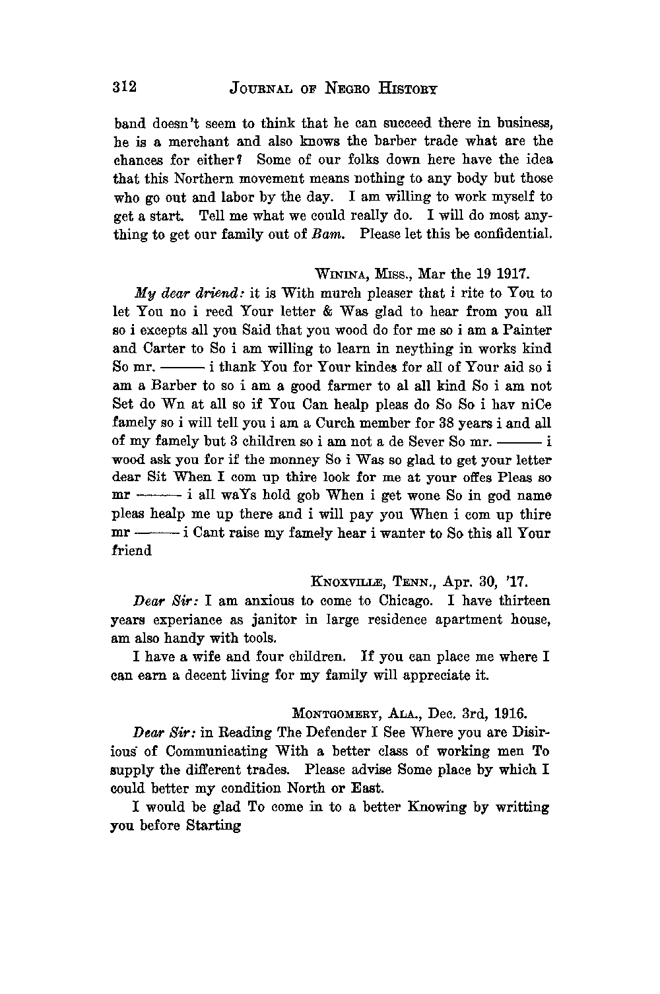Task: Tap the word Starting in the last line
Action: [214, 825]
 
